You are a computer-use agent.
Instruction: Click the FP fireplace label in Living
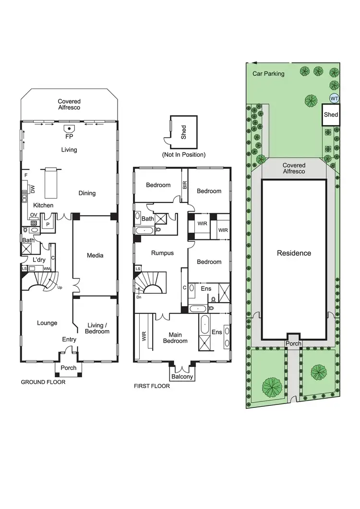point(69,136)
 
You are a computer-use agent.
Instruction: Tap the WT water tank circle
point(334,98)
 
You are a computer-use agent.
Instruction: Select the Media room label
point(95,255)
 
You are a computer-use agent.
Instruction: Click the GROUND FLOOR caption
point(43,382)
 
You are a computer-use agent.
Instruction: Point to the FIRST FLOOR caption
point(152,385)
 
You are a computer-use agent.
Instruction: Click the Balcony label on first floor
point(182,377)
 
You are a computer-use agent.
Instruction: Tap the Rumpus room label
point(162,253)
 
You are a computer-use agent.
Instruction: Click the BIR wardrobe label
point(184,185)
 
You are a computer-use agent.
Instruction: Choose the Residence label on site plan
point(294,253)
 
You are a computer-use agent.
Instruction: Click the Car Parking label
point(269,73)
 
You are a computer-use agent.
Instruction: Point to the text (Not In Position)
point(184,154)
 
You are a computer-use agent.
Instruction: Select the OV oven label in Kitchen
point(34,215)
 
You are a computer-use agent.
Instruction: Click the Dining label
point(87,193)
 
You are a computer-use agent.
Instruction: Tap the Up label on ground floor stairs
point(60,287)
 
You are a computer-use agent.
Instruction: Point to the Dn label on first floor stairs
point(139,297)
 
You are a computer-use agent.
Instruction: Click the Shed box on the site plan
point(331,115)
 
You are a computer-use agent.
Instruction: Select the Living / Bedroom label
point(97,328)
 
